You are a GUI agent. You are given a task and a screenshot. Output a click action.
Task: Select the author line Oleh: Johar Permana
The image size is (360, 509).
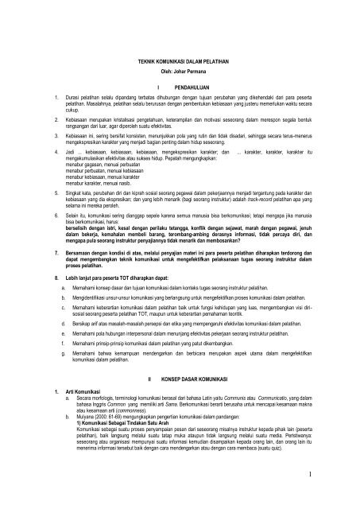pos(180,72)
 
